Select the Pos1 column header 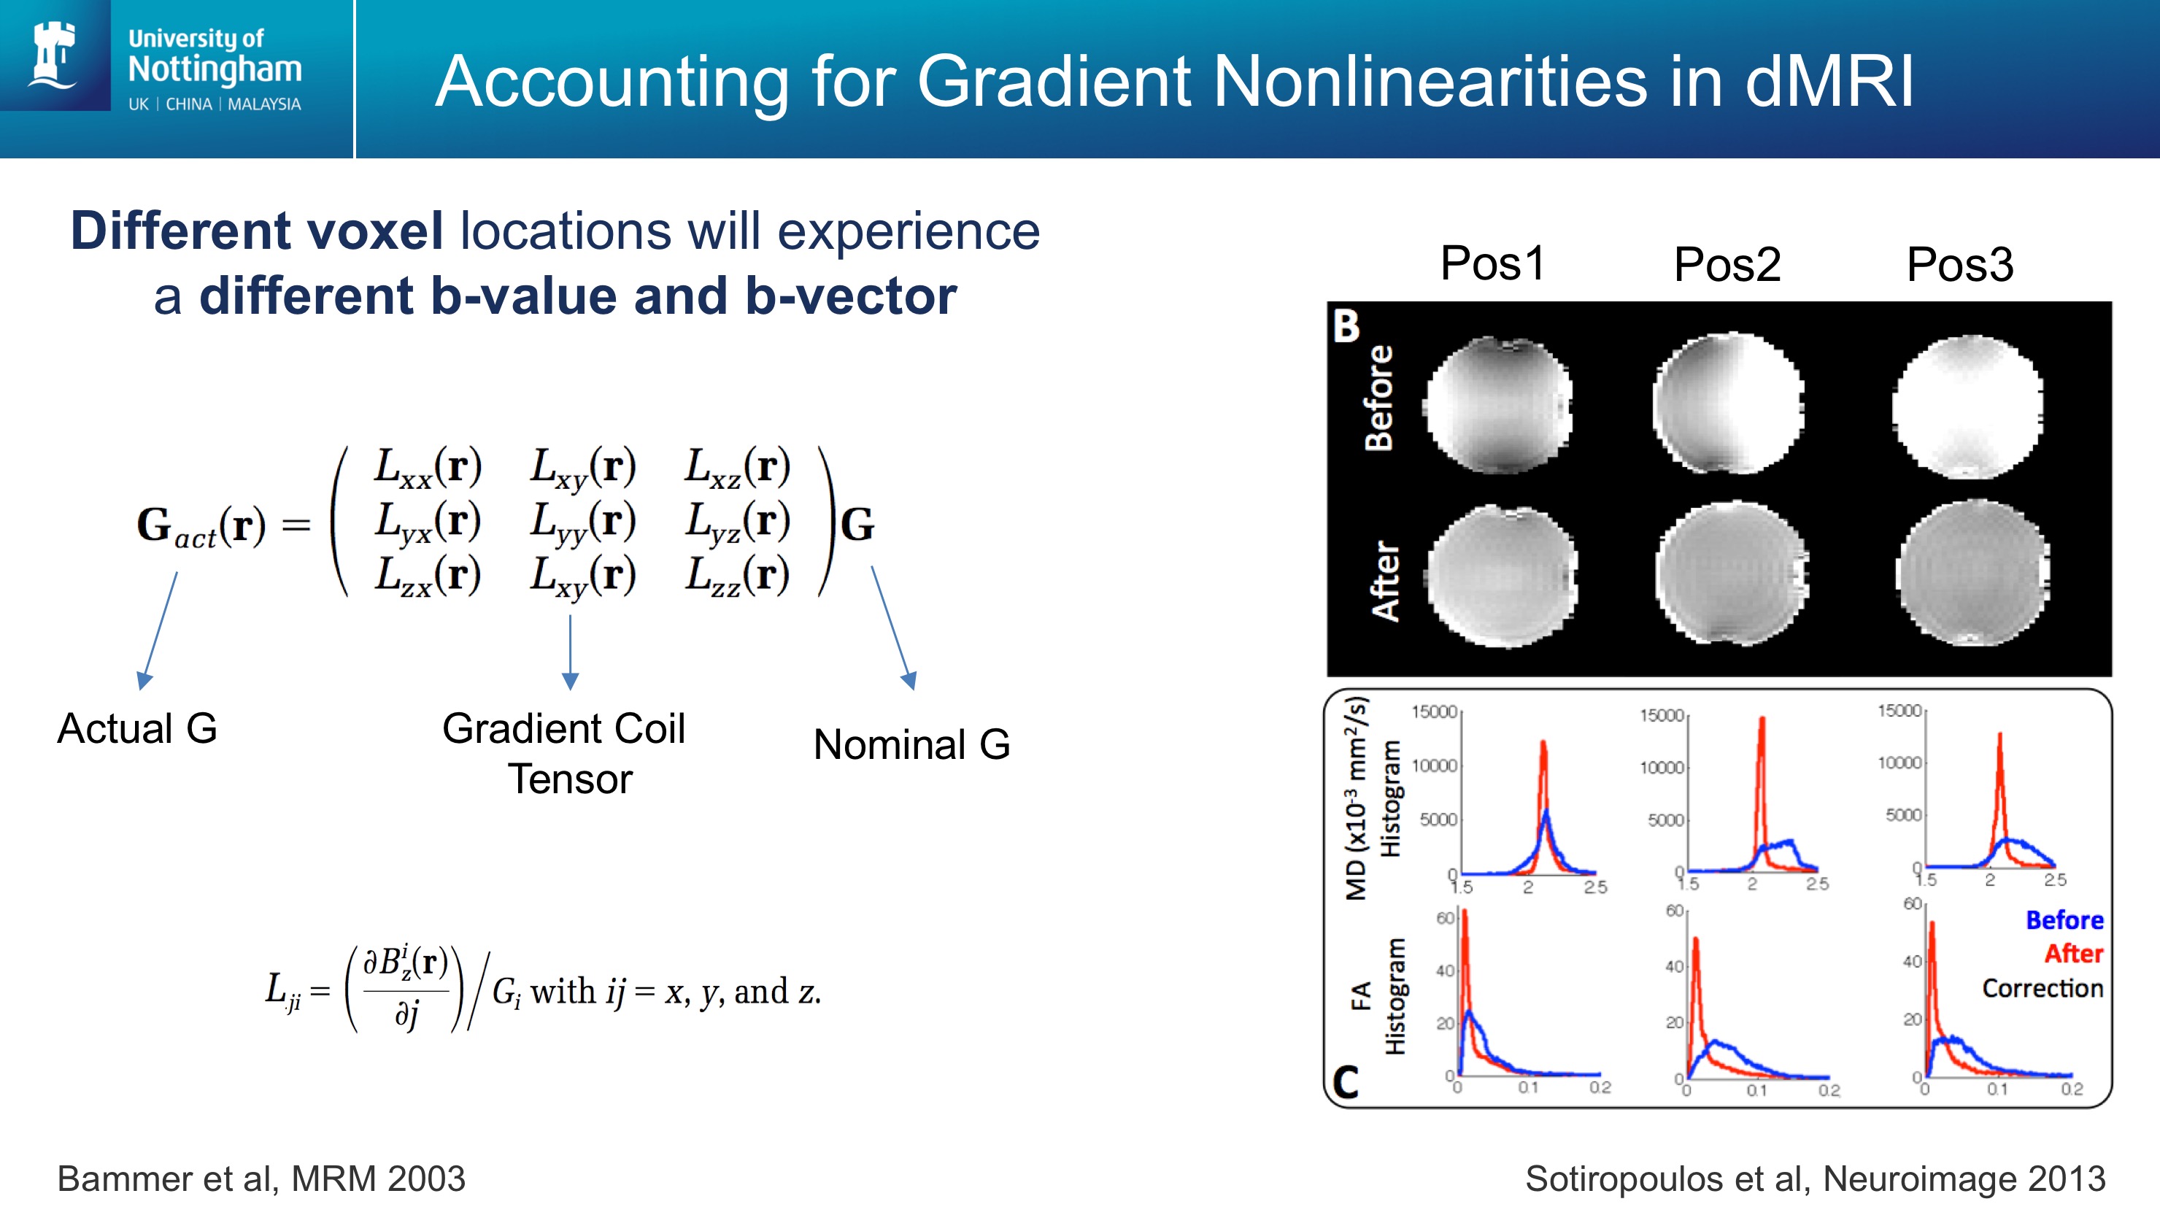pyautogui.click(x=1492, y=263)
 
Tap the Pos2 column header pyautogui.click(x=1727, y=265)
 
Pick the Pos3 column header pyautogui.click(x=1959, y=265)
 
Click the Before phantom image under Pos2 pyautogui.click(x=1728, y=403)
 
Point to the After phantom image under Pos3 pyautogui.click(x=1971, y=574)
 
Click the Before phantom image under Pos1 pyautogui.click(x=1497, y=406)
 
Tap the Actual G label pyautogui.click(x=137, y=728)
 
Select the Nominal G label pyautogui.click(x=911, y=744)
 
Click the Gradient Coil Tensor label pyautogui.click(x=564, y=753)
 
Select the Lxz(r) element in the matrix pyautogui.click(x=738, y=466)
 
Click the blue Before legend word pyautogui.click(x=2064, y=920)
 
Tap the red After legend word pyautogui.click(x=2075, y=953)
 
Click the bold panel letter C pyautogui.click(x=1345, y=1082)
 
